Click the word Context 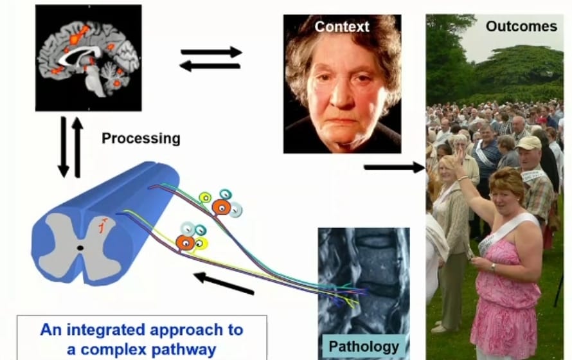click(341, 27)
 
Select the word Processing click(141, 138)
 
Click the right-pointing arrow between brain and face click(211, 51)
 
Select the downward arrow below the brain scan click(63, 147)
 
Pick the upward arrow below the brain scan click(78, 147)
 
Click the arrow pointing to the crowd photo click(389, 168)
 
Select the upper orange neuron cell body click(222, 206)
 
